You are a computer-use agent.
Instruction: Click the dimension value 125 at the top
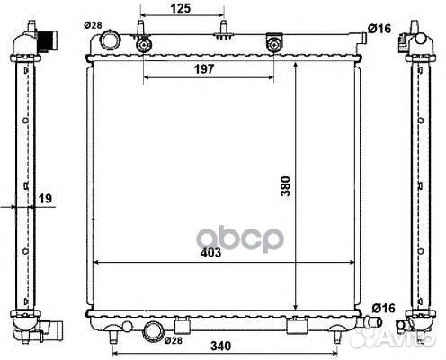pyautogui.click(x=181, y=8)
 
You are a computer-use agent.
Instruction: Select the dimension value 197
pyautogui.click(x=204, y=69)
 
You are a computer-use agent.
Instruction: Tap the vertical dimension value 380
pyautogui.click(x=286, y=186)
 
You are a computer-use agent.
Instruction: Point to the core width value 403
pyautogui.click(x=210, y=253)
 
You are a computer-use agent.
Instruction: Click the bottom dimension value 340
pyautogui.click(x=221, y=346)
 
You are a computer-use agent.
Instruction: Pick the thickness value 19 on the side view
pyautogui.click(x=45, y=198)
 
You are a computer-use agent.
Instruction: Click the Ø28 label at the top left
pyautogui.click(x=93, y=25)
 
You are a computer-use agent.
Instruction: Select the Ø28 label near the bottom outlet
pyautogui.click(x=174, y=340)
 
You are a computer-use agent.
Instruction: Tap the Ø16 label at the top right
pyautogui.click(x=379, y=29)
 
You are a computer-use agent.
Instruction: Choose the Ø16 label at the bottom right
pyautogui.click(x=384, y=308)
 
